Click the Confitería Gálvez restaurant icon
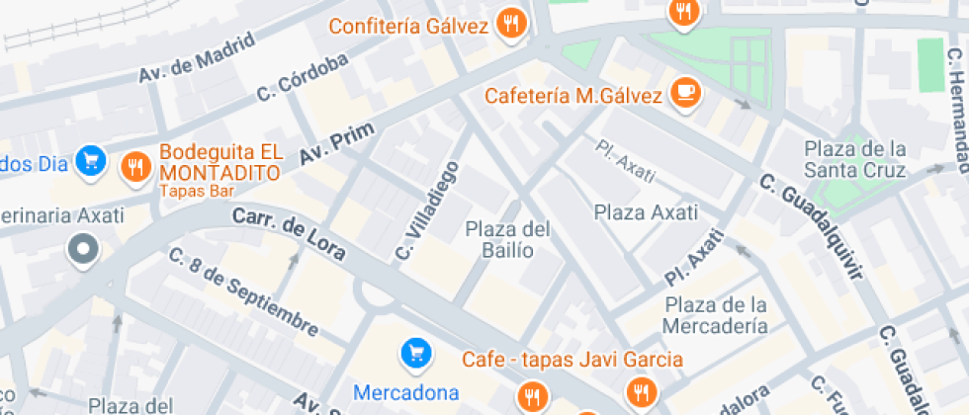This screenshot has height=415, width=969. tap(510, 24)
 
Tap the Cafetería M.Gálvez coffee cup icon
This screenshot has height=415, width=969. tap(684, 93)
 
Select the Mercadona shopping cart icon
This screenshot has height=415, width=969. tap(415, 352)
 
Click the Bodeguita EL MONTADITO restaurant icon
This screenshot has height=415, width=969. tap(134, 168)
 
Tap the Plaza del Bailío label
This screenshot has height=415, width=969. tap(508, 239)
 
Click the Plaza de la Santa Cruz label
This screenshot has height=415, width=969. tap(854, 160)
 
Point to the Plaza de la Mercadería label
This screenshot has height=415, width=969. tap(716, 315)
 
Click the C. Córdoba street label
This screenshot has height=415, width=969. tap(303, 78)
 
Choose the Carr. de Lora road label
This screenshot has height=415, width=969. tap(289, 234)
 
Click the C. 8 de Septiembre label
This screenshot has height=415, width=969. tap(243, 291)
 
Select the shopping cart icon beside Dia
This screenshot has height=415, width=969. tap(92, 160)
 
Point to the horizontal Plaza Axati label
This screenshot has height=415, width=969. tap(646, 211)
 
